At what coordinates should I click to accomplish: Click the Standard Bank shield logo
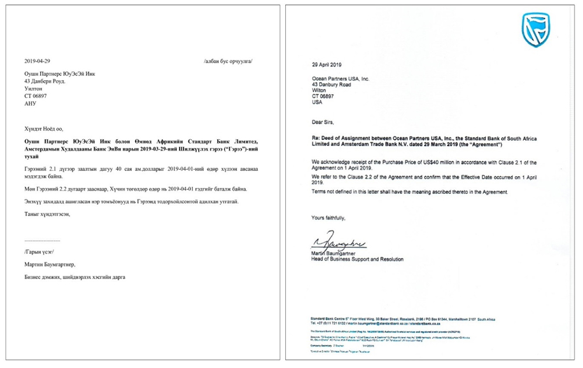click(x=535, y=30)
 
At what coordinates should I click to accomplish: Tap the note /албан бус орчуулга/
click(x=232, y=61)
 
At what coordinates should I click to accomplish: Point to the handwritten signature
click(x=339, y=243)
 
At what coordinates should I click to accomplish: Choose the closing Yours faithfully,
click(x=328, y=217)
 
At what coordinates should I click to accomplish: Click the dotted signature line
click(x=42, y=242)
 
